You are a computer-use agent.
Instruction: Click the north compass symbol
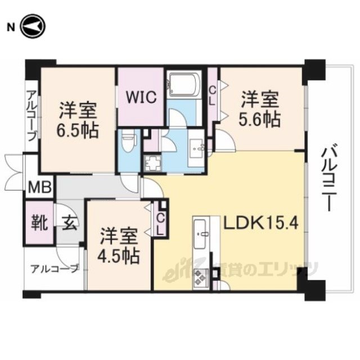point(32,26)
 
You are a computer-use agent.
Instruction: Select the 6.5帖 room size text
point(78,132)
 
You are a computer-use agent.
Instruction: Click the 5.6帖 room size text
point(260,119)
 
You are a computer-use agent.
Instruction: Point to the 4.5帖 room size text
point(120,256)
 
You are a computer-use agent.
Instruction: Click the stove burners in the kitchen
point(201,276)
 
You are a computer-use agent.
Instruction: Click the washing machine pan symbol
point(152,164)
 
